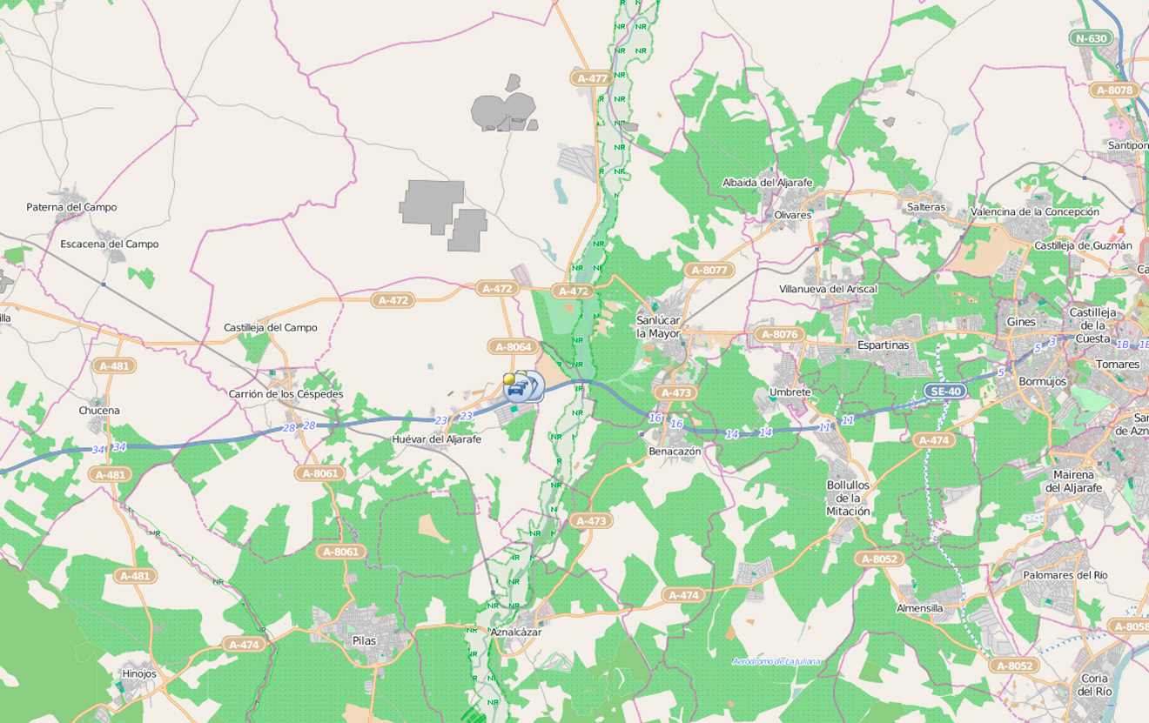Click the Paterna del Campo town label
(71, 207)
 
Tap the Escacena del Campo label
(110, 244)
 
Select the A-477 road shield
(592, 78)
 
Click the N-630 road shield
(1092, 38)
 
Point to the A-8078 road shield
(1114, 90)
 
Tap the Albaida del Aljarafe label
(767, 183)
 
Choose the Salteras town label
(925, 207)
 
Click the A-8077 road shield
(709, 271)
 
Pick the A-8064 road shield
(513, 347)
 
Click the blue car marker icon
(517, 388)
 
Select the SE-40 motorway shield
(945, 392)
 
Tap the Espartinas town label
(883, 345)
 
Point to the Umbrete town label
(790, 392)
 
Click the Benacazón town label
(675, 452)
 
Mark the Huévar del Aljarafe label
(437, 439)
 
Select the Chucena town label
(99, 411)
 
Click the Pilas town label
(364, 640)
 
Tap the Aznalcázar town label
(515, 633)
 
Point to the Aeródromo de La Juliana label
(776, 662)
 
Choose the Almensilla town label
(919, 608)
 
